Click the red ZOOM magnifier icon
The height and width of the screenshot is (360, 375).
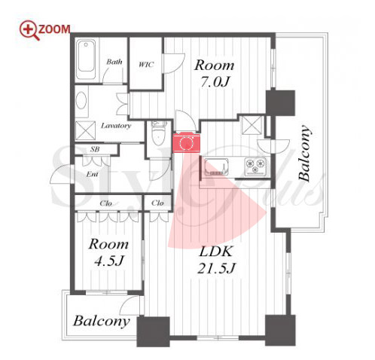pyautogui.click(x=29, y=30)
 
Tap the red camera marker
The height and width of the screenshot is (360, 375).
pyautogui.click(x=186, y=142)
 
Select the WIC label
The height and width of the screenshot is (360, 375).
pyautogui.click(x=146, y=65)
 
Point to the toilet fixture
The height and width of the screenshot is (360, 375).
pyautogui.click(x=158, y=133)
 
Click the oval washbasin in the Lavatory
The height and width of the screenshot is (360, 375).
pyautogui.click(x=81, y=100)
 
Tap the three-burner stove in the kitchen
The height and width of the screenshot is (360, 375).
pyautogui.click(x=255, y=166)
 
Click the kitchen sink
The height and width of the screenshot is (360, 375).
pyautogui.click(x=216, y=166)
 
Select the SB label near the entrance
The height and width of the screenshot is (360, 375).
pyautogui.click(x=95, y=149)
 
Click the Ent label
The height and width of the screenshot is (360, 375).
pyautogui.click(x=92, y=174)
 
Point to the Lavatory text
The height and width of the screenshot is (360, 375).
pyautogui.click(x=116, y=126)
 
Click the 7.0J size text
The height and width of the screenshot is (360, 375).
pyautogui.click(x=215, y=82)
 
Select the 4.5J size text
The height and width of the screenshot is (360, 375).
pyautogui.click(x=109, y=261)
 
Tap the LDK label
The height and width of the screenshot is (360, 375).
pyautogui.click(x=215, y=252)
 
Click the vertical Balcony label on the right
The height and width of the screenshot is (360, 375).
pyautogui.click(x=304, y=153)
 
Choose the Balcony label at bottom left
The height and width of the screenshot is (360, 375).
pyautogui.click(x=102, y=321)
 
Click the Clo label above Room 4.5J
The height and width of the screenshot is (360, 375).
pyautogui.click(x=105, y=203)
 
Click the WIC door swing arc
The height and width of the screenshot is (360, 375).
pyautogui.click(x=175, y=63)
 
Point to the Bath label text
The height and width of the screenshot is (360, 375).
pyautogui.click(x=114, y=62)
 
